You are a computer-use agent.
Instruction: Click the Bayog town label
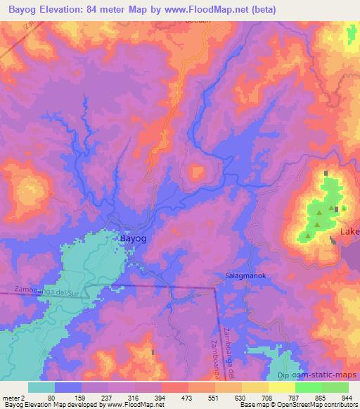pyautogui.click(x=134, y=239)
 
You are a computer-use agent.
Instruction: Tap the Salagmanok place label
pyautogui.click(x=243, y=276)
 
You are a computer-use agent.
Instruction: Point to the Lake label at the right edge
pyautogui.click(x=349, y=231)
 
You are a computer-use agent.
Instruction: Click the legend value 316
pyautogui.click(x=122, y=398)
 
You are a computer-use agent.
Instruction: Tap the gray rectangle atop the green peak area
pyautogui.click(x=326, y=173)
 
